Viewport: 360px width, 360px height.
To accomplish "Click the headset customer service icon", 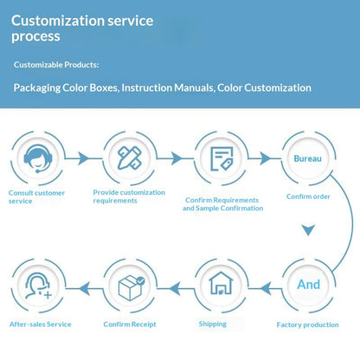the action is tap(38, 158).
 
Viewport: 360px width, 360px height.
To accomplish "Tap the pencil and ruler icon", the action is tap(130, 157).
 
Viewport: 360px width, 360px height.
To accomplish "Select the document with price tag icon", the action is tap(222, 158).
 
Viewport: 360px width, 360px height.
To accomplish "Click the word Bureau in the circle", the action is tap(307, 158).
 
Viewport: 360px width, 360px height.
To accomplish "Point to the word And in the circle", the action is tap(309, 285).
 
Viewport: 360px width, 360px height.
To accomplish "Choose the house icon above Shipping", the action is tap(221, 283).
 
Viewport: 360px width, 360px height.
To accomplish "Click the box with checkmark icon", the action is tap(132, 287).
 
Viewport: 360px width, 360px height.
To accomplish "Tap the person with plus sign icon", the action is tap(38, 286).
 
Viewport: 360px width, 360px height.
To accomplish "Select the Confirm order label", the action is tap(308, 196).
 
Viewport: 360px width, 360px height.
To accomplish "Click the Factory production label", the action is tap(308, 325).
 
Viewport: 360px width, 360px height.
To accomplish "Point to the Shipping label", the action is tap(213, 325).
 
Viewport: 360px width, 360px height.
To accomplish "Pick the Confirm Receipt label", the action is tap(130, 325).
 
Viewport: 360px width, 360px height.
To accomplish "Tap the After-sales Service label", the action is tap(41, 325).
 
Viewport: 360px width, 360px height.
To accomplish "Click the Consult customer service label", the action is tap(36, 197).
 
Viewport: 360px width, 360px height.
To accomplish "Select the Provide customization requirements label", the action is tap(129, 196).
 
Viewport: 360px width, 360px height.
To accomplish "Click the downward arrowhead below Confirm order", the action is tap(308, 230).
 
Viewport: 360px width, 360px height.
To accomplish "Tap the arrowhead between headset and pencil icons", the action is tap(84, 158).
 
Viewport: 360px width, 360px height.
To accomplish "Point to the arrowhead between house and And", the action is tap(266, 288).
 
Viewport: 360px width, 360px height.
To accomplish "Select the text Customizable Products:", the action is tap(56, 65).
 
